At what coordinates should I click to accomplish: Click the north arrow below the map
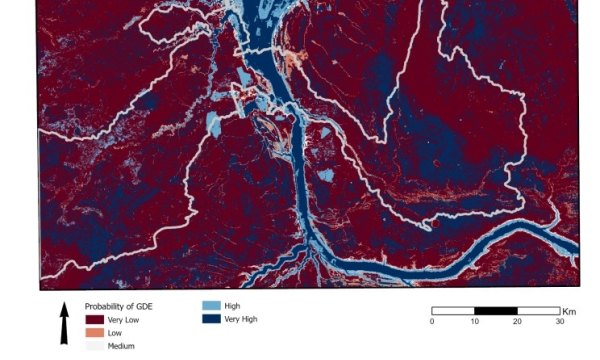point(64,323)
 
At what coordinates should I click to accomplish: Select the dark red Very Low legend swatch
point(94,319)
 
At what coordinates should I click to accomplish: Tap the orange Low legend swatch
point(94,332)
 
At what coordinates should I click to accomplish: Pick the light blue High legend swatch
point(210,305)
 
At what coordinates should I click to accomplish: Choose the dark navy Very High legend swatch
point(210,319)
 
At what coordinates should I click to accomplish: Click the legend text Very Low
point(123,319)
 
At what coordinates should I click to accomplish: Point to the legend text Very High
point(241,319)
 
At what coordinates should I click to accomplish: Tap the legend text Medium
point(122,346)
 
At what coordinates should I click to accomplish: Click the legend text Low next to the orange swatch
point(115,332)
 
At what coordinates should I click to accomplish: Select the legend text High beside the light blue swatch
point(232,305)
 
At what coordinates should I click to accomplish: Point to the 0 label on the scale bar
point(432,321)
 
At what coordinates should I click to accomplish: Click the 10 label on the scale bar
point(474,321)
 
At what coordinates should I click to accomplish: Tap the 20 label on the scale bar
point(517,321)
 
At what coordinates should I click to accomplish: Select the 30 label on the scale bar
point(560,321)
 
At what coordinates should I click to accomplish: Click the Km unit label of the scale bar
point(569,310)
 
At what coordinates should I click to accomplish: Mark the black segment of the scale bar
point(495,310)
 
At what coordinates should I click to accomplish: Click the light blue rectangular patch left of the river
point(213,125)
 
